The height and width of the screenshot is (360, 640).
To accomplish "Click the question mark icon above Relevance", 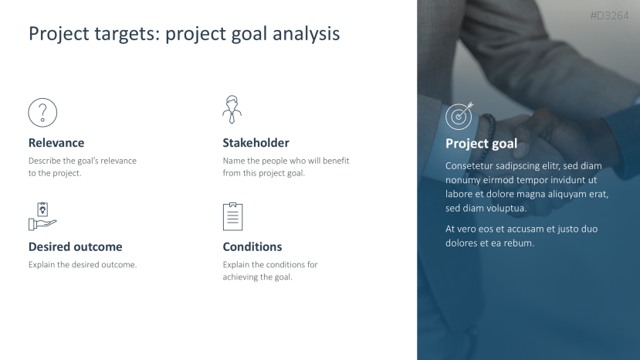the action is coord(42,112).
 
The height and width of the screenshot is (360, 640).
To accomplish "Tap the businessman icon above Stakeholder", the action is coord(232,110).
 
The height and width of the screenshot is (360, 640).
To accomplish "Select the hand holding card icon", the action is coord(42,216).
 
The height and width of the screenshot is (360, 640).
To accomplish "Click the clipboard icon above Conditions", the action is coord(232,216).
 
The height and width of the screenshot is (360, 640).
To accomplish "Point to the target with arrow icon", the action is coord(459,116).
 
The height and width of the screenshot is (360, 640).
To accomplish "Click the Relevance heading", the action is coord(56,143).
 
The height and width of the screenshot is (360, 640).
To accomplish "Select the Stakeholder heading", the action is coord(256,143).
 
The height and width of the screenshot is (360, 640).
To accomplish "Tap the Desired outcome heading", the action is coord(75,246).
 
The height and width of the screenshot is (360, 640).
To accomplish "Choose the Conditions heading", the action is coord(252,246).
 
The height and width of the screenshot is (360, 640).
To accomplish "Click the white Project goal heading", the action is coord(481,144).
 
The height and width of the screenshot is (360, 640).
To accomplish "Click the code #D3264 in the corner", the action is coord(609,15).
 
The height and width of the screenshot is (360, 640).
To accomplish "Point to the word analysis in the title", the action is coord(306,34).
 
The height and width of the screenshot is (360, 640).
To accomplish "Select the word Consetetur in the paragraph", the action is coord(469,166).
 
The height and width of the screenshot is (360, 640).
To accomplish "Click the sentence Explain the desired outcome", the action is coord(83,264).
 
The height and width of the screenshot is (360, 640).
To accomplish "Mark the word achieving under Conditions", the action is coord(238,277).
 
